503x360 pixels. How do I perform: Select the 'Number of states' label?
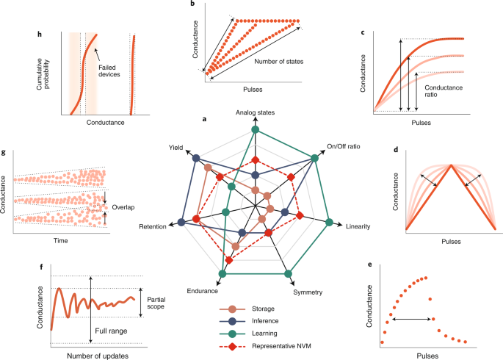tap(281, 61)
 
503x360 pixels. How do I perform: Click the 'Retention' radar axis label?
tap(153, 228)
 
